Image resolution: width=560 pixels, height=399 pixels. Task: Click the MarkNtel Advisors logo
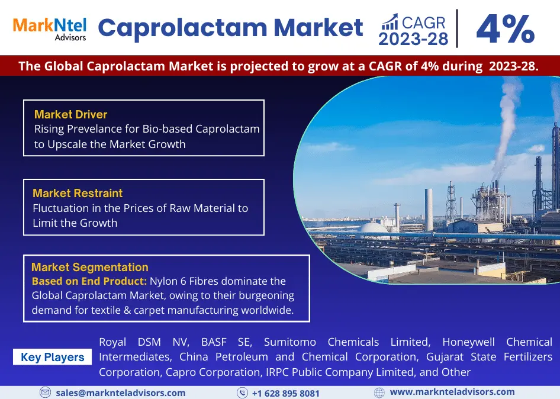(x=50, y=29)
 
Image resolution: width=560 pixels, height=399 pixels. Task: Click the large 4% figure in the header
(x=506, y=29)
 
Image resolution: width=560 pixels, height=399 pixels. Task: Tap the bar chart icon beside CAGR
(x=390, y=22)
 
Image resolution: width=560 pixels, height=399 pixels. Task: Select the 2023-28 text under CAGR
(x=413, y=39)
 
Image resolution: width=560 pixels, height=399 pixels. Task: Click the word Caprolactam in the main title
(x=182, y=28)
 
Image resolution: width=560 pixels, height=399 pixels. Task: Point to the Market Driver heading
(x=70, y=114)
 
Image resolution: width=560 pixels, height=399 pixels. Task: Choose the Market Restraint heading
(x=78, y=193)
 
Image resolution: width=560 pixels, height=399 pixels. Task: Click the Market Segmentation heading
(x=89, y=267)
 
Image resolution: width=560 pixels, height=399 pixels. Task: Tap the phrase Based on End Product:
(x=89, y=281)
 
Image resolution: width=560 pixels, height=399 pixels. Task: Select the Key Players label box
(x=53, y=357)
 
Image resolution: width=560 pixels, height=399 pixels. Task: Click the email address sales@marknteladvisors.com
(x=121, y=393)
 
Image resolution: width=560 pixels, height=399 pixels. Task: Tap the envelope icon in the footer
(x=45, y=392)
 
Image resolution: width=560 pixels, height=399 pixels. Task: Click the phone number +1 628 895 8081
(x=286, y=393)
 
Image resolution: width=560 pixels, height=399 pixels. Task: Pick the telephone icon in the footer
(x=242, y=393)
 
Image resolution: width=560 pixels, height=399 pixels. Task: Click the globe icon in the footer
(x=379, y=393)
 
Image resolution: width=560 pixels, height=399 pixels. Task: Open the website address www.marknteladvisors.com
(x=452, y=392)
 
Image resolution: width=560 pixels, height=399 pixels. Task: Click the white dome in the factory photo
(x=373, y=229)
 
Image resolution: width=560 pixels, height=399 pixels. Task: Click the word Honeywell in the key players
(x=469, y=342)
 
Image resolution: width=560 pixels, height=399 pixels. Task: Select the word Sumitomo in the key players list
(x=290, y=342)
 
